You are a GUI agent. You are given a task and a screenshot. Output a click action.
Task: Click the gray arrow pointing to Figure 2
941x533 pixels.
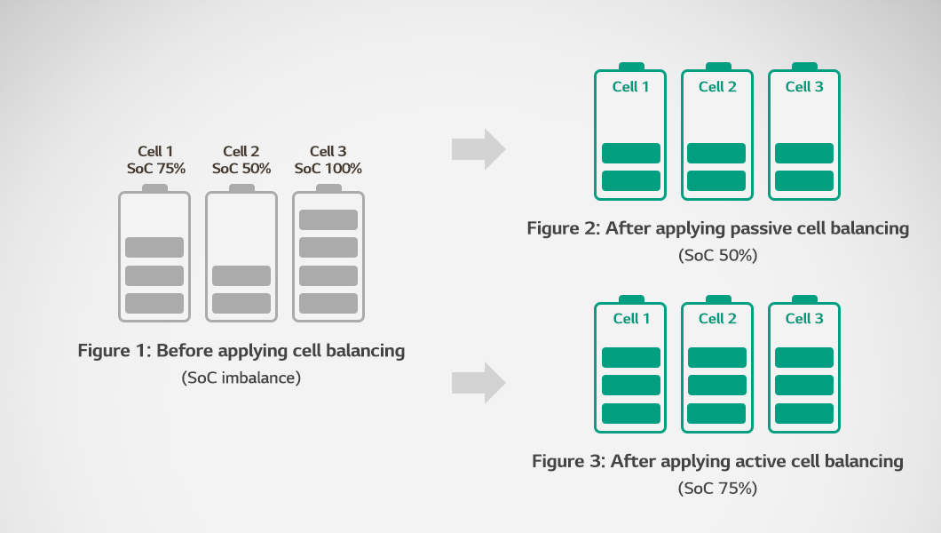478,148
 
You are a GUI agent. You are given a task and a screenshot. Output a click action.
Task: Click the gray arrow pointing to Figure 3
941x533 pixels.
478,383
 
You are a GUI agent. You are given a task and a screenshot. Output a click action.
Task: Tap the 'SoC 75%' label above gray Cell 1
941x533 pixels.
154,169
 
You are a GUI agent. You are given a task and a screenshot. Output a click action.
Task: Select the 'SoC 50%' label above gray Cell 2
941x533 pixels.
241,169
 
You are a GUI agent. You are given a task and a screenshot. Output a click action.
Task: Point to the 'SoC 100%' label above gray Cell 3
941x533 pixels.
328,169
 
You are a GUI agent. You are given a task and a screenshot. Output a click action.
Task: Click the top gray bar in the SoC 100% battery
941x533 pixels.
328,219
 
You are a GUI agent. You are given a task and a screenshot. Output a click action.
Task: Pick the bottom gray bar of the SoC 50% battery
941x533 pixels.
241,303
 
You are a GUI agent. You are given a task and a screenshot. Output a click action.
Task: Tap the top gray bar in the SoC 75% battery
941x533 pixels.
154,247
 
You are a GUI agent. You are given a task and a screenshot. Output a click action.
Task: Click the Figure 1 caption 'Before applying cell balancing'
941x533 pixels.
241,351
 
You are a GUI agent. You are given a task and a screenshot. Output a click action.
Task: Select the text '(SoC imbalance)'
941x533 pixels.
241,378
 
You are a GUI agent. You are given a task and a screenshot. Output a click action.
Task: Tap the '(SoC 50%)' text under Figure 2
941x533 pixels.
717,256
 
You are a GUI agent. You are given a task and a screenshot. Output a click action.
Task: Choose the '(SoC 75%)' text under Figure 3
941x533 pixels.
717,489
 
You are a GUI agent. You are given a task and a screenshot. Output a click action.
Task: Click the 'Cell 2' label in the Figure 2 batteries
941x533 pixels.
717,87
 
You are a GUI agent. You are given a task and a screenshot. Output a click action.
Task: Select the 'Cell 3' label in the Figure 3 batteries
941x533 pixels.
804,319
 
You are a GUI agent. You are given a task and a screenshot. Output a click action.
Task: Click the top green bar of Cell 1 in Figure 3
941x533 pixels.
631,357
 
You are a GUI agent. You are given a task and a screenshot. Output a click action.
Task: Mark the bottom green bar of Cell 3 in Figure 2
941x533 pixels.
804,180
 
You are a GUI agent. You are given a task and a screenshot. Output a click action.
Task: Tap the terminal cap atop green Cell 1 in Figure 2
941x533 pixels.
631,67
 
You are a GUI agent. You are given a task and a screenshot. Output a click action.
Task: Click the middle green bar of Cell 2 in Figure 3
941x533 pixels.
717,385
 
